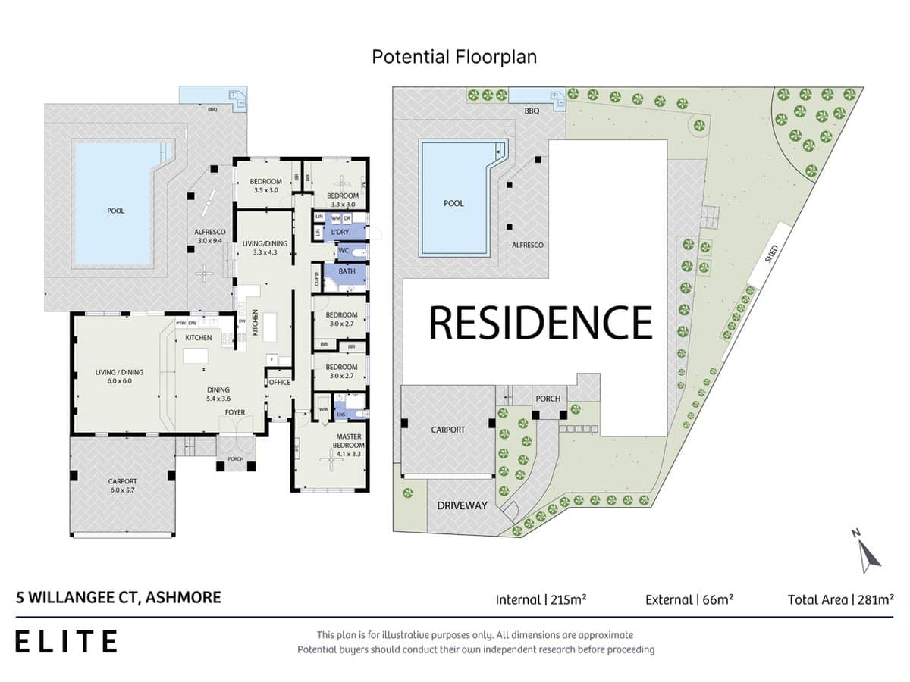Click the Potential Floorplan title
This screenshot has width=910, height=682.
454,57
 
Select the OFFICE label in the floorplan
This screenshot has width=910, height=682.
279,383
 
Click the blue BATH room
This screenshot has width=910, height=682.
347,271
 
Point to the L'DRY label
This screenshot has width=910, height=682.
340,233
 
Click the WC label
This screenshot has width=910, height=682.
343,250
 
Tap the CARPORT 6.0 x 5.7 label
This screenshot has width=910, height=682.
122,486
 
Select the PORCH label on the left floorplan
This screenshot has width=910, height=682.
236,459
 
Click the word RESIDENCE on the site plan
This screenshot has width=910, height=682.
541,322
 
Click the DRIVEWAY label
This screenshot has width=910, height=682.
462,505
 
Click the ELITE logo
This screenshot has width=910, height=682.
67,641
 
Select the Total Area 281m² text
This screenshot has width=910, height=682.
840,599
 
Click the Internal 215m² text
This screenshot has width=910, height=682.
541,599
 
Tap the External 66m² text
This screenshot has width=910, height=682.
689,599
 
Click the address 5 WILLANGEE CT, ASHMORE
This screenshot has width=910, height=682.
118,597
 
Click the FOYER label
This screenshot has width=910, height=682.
234,412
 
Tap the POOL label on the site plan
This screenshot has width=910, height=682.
453,203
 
